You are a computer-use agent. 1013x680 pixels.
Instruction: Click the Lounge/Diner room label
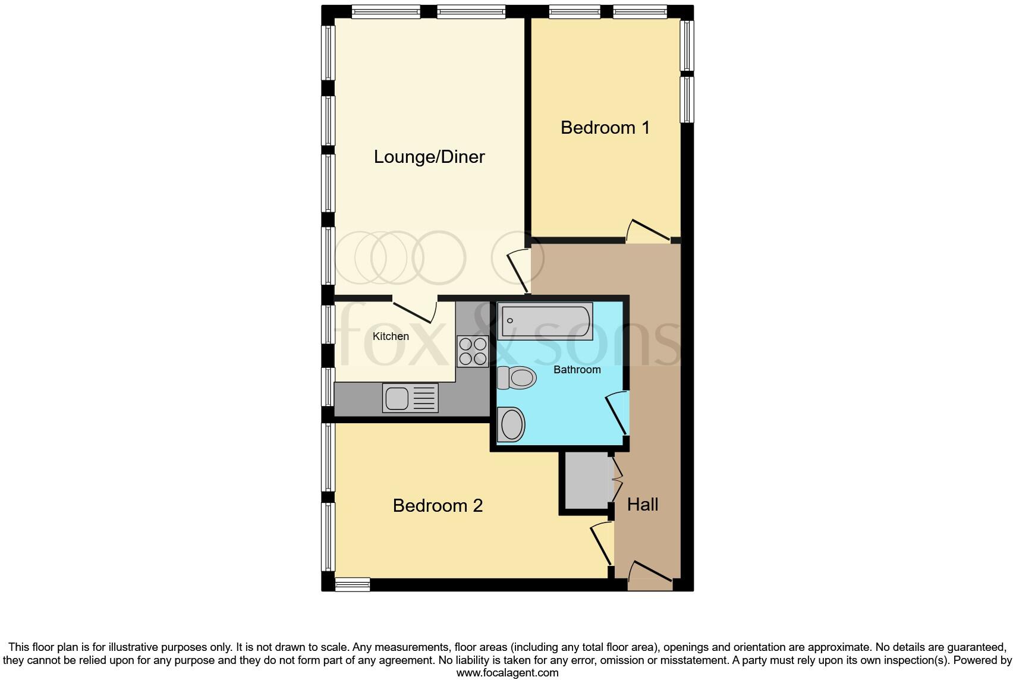tap(429, 157)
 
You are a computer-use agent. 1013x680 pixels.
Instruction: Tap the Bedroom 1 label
tap(605, 128)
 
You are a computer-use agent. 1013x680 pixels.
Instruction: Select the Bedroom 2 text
tap(438, 506)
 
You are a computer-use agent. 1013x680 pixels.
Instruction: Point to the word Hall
tap(643, 505)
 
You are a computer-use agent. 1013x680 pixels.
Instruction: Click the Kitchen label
tap(391, 336)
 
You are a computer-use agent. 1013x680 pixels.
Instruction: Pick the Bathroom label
tap(577, 370)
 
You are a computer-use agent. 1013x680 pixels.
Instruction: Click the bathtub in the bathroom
tap(545, 321)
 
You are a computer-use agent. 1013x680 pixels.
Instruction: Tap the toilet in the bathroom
tap(516, 377)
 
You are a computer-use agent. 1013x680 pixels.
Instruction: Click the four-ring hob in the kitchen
tap(473, 351)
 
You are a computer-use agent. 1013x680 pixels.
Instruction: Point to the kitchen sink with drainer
tap(411, 398)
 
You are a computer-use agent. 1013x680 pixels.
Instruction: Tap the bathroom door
tap(616, 413)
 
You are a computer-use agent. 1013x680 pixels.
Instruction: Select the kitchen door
tap(414, 310)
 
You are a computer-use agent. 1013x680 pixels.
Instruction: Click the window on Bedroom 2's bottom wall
tap(353, 584)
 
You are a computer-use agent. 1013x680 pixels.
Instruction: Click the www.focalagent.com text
tap(506, 673)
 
